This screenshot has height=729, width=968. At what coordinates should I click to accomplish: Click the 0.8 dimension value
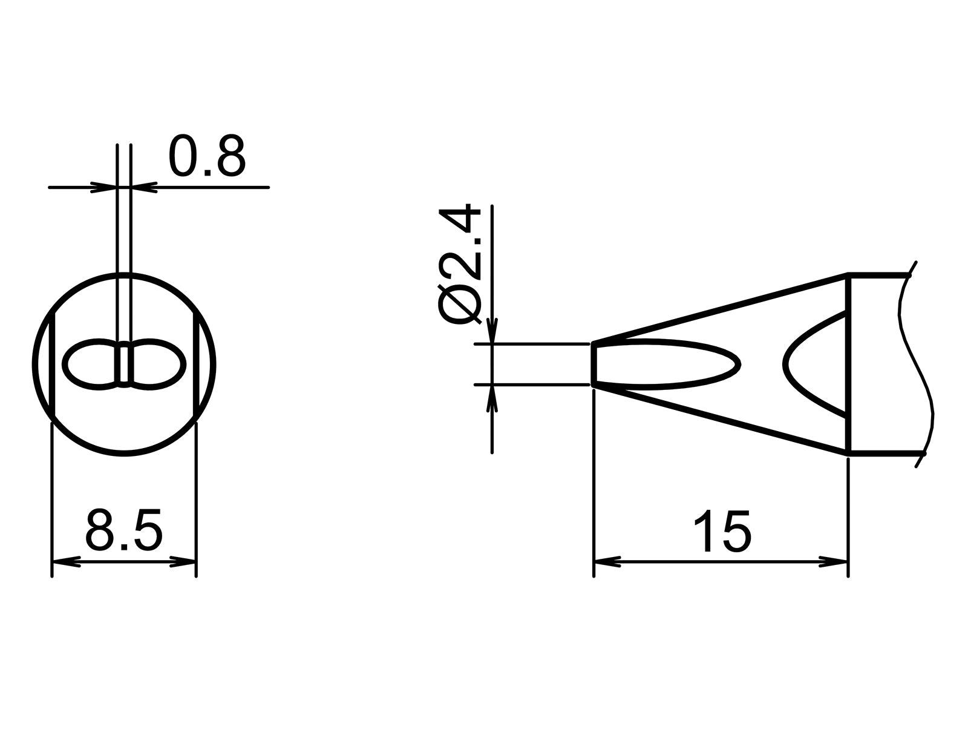tap(207, 156)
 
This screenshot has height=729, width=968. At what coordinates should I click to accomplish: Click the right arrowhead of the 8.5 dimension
tap(183, 562)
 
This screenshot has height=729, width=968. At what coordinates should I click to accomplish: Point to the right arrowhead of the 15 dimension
tap(834, 562)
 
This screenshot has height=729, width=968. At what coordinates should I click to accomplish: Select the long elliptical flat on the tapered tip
tap(665, 364)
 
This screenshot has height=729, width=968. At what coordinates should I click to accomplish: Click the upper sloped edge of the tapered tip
tap(720, 309)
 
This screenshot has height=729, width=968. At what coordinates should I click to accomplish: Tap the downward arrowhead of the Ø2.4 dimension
tap(492, 331)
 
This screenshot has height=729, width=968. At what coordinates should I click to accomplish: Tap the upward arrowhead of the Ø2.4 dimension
tap(492, 398)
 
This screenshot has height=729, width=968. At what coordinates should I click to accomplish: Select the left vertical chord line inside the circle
tap(53, 364)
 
